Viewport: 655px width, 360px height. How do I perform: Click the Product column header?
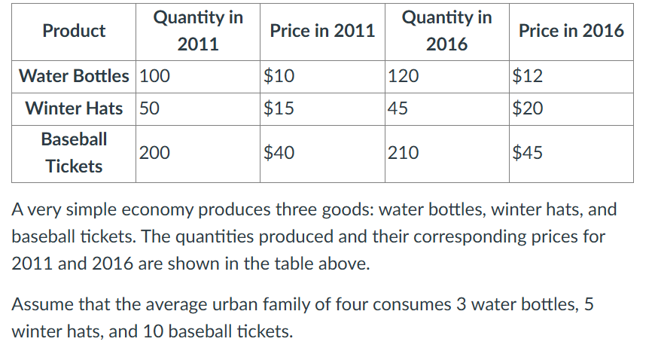click(x=74, y=31)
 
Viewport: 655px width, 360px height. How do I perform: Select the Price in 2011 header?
click(x=322, y=31)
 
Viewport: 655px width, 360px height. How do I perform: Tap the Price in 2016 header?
click(x=571, y=31)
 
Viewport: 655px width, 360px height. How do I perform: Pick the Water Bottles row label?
click(x=74, y=76)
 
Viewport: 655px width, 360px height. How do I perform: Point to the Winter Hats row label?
click(x=74, y=108)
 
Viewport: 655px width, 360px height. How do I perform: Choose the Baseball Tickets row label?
click(x=74, y=152)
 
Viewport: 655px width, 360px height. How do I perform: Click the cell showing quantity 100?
click(x=155, y=76)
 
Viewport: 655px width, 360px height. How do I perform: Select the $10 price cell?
click(x=279, y=76)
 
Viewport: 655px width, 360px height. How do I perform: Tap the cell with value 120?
click(x=404, y=76)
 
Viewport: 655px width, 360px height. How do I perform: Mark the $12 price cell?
click(x=528, y=76)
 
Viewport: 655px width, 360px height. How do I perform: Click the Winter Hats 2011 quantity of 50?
click(x=150, y=108)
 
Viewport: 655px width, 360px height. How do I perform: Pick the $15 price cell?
click(x=279, y=108)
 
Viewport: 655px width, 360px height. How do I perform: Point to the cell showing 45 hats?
click(x=398, y=108)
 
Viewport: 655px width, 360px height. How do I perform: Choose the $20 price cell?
click(x=528, y=108)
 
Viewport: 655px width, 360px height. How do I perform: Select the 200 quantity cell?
click(x=155, y=153)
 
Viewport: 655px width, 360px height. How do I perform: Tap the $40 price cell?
click(x=279, y=153)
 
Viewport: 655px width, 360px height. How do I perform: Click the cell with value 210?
click(x=404, y=153)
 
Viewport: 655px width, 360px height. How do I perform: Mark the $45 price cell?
click(x=528, y=153)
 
